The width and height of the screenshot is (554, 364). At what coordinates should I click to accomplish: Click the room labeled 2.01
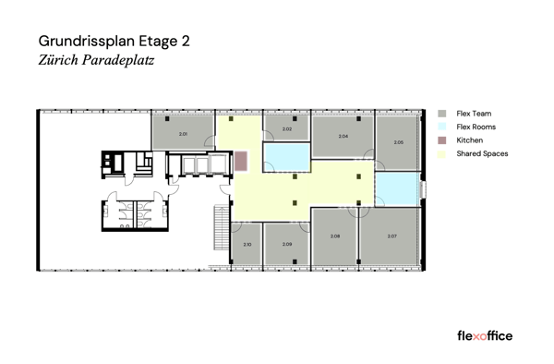tap(183, 134)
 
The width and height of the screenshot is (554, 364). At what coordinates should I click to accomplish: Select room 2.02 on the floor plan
tap(286, 128)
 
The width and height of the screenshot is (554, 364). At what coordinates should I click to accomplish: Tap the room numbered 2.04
tap(343, 136)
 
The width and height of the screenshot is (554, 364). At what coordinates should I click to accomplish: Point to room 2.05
tap(398, 142)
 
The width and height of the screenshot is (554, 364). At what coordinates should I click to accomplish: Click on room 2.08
tap(335, 237)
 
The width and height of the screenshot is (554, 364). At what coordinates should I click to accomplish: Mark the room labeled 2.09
tap(287, 244)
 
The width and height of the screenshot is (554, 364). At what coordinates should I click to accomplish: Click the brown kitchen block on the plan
tap(241, 161)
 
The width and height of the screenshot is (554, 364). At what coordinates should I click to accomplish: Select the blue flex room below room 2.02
tap(285, 156)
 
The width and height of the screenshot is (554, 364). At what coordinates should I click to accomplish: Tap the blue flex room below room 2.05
tap(397, 188)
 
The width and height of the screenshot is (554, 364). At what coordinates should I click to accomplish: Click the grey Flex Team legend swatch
tap(442, 114)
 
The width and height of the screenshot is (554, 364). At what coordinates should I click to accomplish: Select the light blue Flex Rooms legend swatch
tap(442, 127)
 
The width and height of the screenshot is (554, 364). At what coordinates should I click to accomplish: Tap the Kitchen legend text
tap(469, 140)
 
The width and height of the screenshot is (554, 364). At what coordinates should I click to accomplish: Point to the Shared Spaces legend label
tap(482, 153)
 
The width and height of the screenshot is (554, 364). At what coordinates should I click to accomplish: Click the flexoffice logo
tap(485, 335)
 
